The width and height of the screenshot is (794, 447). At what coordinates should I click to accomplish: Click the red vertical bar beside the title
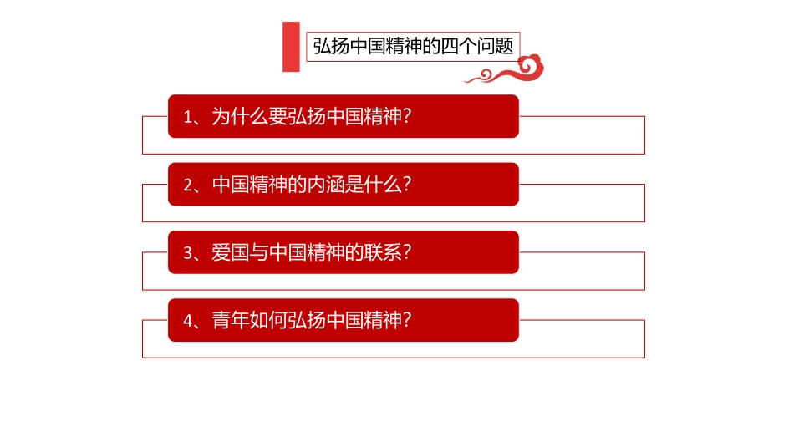coord(291,47)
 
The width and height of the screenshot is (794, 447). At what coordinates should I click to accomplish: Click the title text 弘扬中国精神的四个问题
coord(413,46)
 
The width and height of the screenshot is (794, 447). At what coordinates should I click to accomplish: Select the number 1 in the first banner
coord(188,117)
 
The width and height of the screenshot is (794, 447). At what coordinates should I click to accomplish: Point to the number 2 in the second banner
coord(188,185)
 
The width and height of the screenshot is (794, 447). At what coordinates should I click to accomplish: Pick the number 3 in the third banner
coord(188,252)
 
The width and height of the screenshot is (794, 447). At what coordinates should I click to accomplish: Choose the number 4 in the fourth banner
coord(188,320)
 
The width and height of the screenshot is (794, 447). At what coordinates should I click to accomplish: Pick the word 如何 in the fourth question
coord(269,319)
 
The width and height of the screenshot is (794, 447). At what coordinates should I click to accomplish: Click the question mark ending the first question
coord(408,116)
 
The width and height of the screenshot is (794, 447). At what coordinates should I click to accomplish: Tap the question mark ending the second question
coord(408,184)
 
